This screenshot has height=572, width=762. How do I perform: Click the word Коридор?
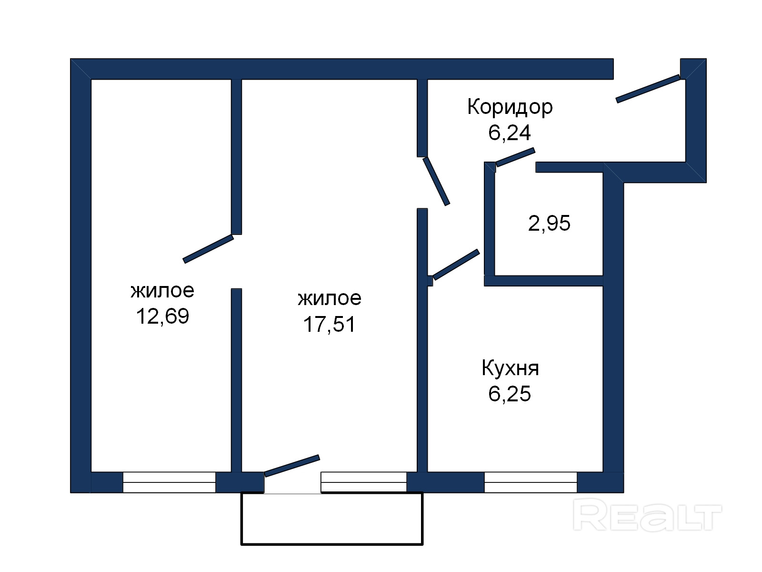coord(510,107)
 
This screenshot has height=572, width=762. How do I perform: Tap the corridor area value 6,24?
coord(509,133)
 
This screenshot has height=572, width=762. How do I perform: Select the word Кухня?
coord(510,368)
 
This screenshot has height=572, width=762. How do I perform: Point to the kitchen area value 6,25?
coord(510,394)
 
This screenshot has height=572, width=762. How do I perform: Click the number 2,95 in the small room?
coord(549,223)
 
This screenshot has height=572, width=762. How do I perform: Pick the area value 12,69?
coord(162,317)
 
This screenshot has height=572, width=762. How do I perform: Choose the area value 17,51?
coord(330,325)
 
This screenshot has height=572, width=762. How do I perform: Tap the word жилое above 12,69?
coord(162,291)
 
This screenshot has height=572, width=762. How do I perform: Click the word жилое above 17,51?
coord(330,299)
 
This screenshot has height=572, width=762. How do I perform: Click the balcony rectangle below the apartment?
coord(332,519)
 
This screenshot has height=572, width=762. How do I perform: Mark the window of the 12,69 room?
coord(170,482)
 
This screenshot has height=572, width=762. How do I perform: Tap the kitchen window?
coord(531,482)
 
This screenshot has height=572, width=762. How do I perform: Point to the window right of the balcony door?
coord(364,482)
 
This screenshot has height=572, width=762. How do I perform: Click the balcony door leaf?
coord(292,465)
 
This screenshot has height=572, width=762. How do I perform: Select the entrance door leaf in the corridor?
coord(648,89)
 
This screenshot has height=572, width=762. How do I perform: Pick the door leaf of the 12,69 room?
coord(208,249)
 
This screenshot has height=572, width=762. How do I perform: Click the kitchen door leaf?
coord(456,265)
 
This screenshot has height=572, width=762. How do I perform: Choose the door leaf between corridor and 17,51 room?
coord(436,181)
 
